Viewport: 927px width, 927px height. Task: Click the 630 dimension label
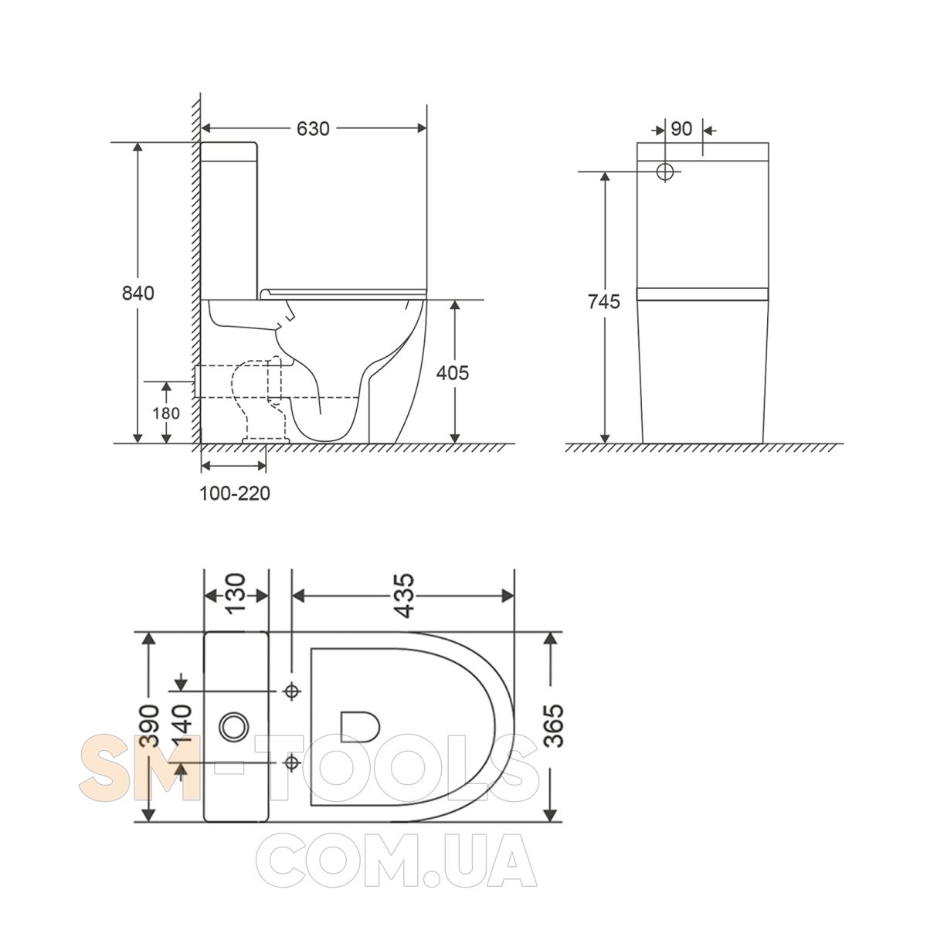(313, 128)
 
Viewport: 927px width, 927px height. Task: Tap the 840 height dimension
(138, 293)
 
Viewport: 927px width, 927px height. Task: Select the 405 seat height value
(452, 373)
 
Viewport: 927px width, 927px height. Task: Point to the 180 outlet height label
(166, 413)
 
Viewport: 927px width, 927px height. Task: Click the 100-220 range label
(235, 493)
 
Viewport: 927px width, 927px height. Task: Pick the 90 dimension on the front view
(681, 128)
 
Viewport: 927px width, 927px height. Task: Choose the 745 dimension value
(604, 301)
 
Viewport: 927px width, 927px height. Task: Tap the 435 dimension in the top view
(403, 595)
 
